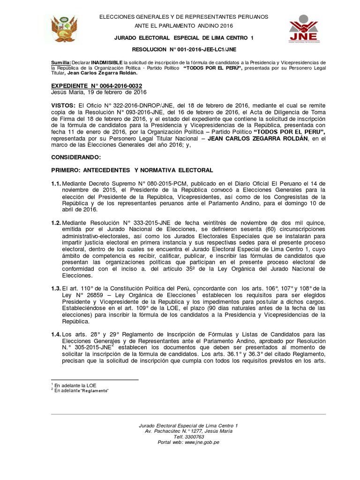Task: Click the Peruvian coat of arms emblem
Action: (66, 29)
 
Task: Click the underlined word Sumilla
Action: (60, 62)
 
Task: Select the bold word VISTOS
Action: (63, 105)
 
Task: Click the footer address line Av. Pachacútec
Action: (188, 431)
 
